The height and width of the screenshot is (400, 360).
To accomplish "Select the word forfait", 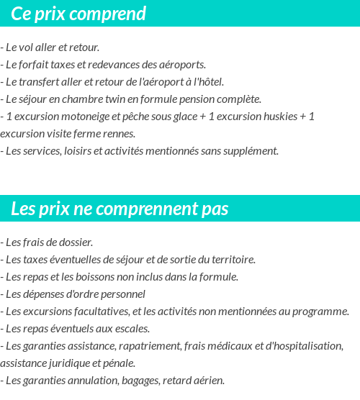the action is click(38, 64).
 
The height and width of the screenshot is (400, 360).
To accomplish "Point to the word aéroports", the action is click(182, 64).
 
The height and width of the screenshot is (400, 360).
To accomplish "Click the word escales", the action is click(130, 329).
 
